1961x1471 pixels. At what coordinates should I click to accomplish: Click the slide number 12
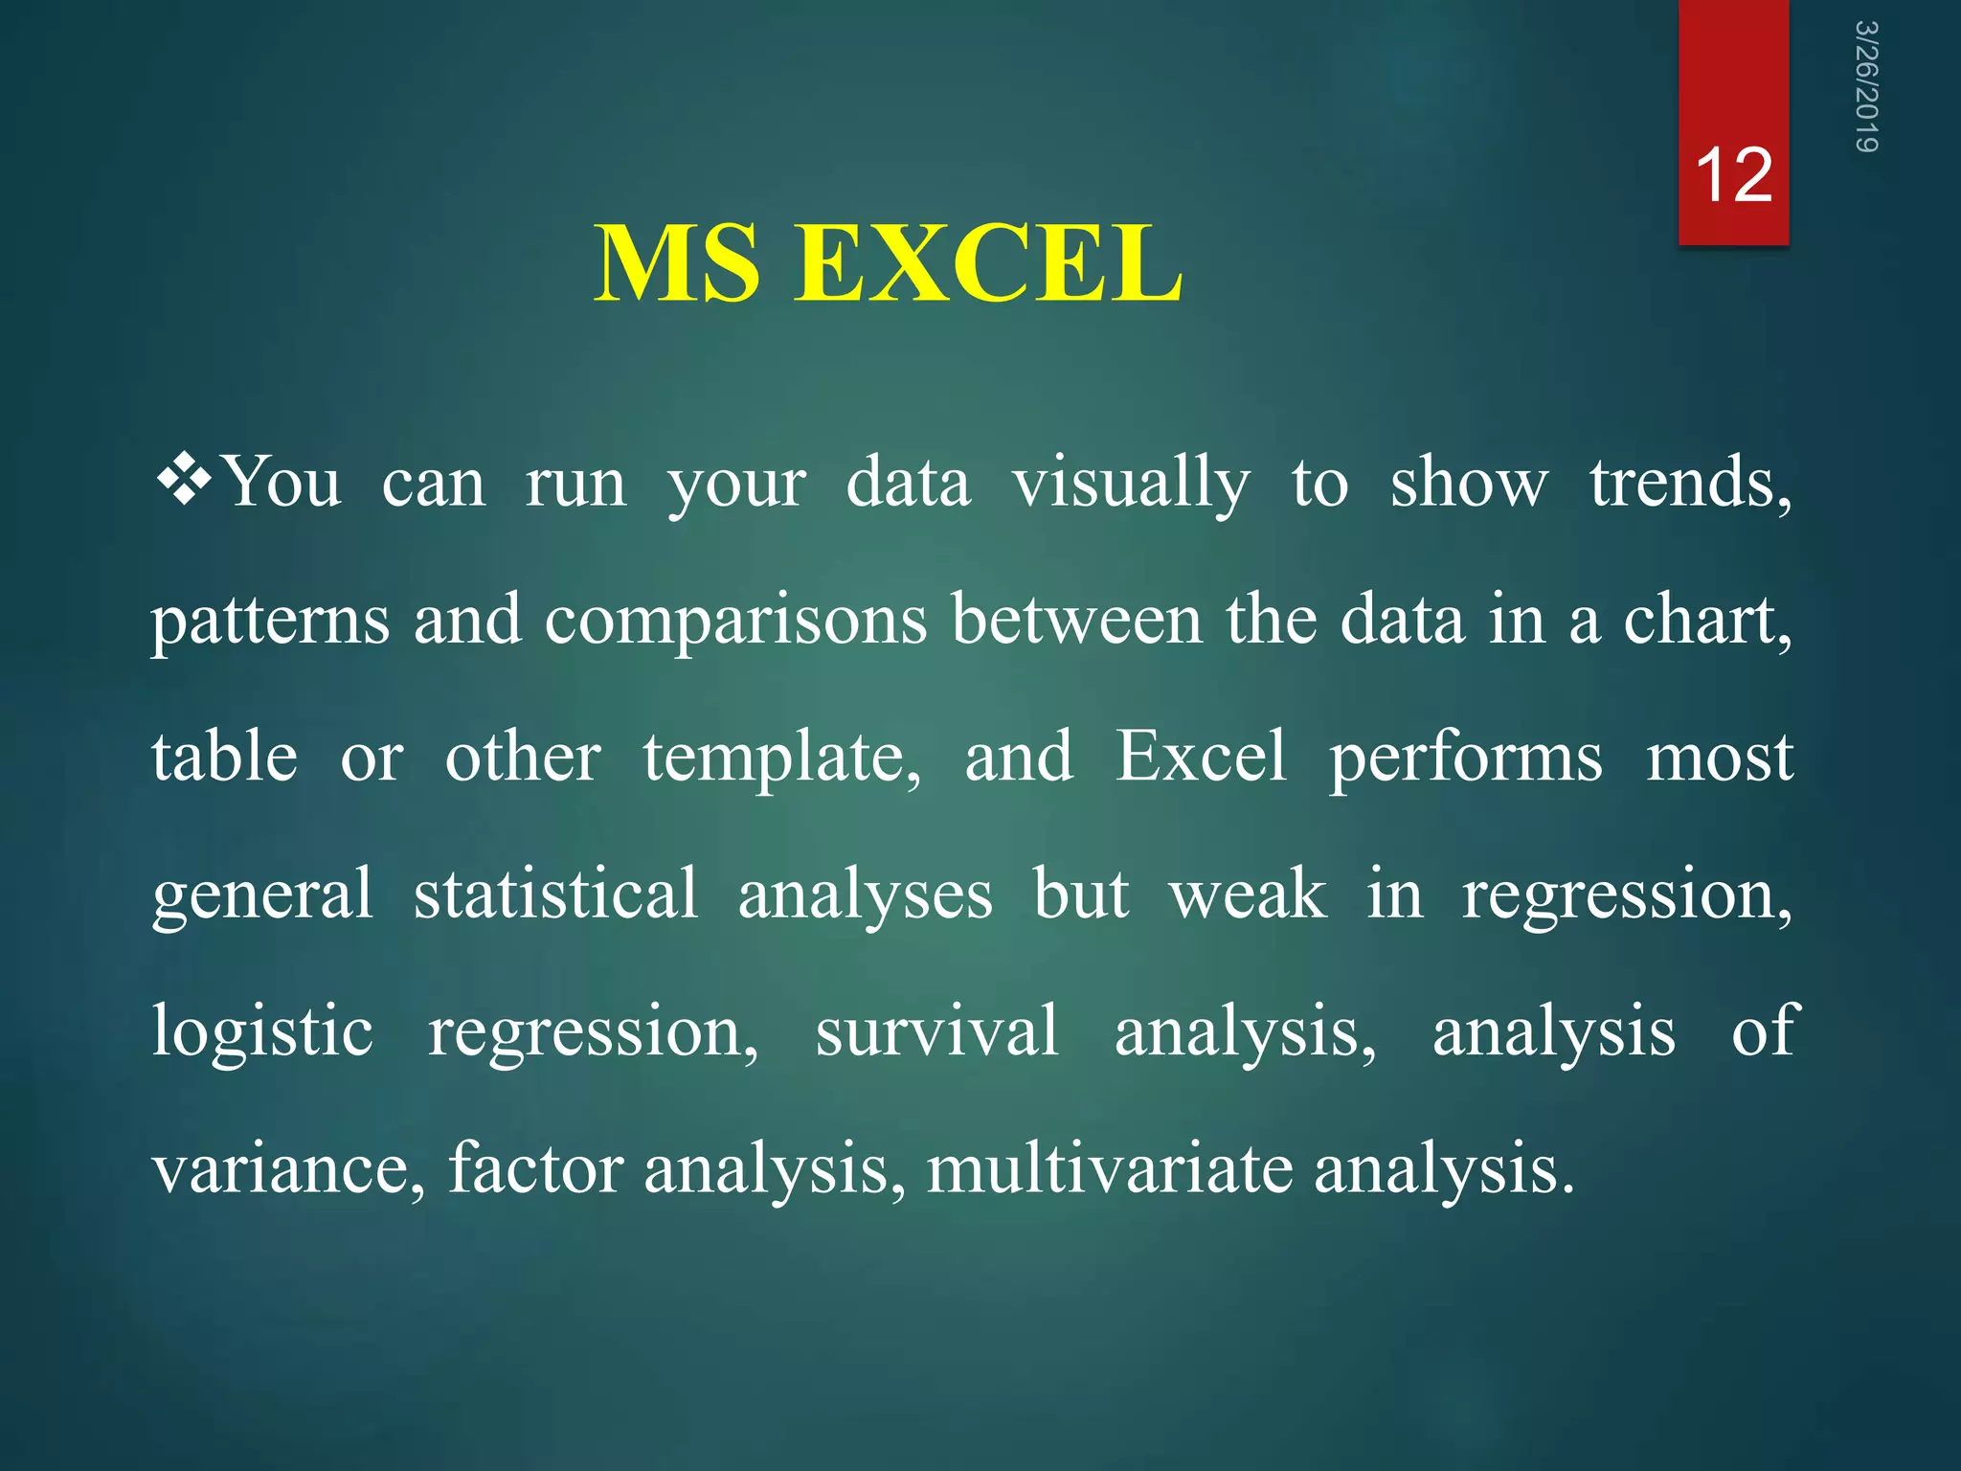point(1733,176)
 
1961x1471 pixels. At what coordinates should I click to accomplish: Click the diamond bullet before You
point(184,480)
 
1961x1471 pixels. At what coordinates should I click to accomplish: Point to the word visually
point(1131,484)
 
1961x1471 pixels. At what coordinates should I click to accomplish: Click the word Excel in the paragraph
point(1201,757)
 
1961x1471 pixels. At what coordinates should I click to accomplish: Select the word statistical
point(555,894)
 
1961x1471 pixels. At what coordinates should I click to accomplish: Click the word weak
point(1248,894)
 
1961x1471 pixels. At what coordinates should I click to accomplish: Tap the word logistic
point(262,1032)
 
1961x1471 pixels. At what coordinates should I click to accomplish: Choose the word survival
point(936,1030)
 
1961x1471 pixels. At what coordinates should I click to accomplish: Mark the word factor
point(535,1168)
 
